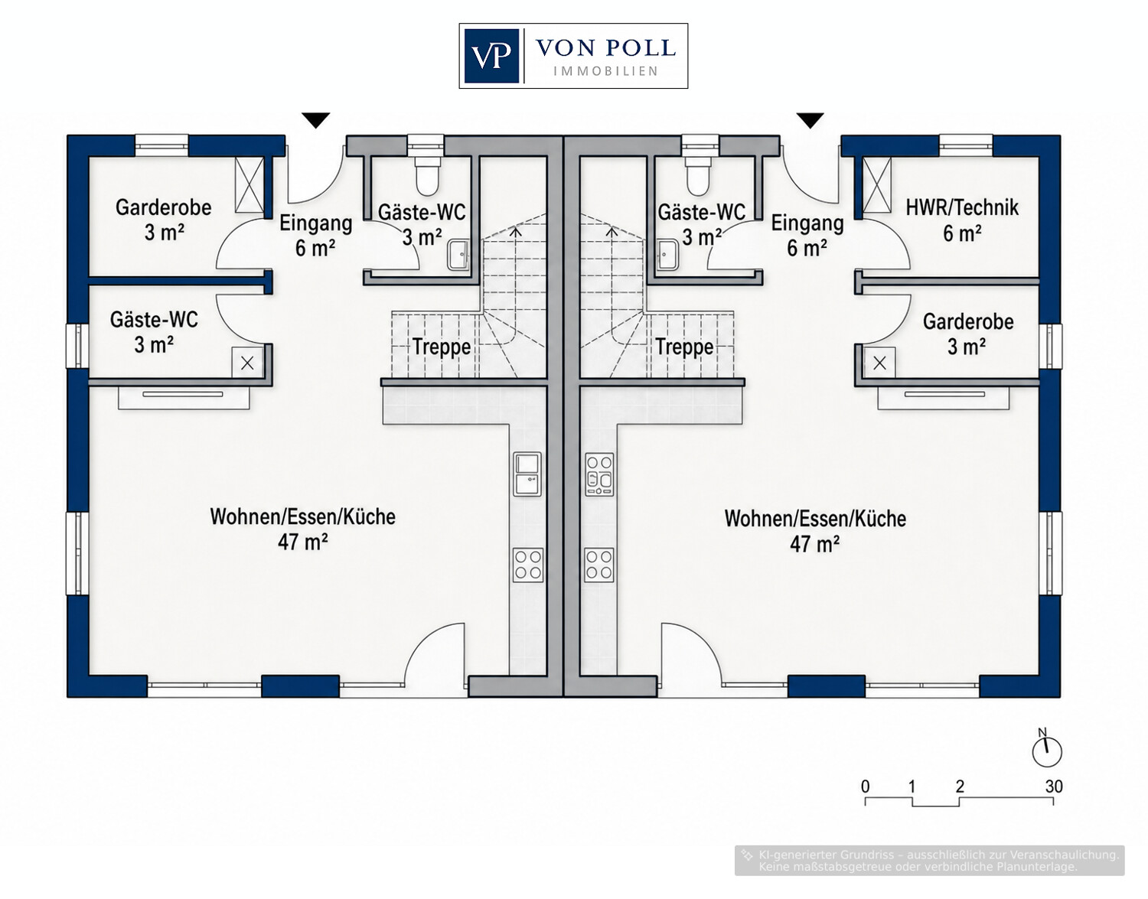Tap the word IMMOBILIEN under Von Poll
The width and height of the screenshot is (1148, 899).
(x=605, y=71)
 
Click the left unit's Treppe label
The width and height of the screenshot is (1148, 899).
(x=442, y=347)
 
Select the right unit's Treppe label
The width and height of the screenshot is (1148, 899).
(x=685, y=347)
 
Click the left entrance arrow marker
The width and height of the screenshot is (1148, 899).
(x=316, y=120)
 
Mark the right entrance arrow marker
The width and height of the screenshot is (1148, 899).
(x=810, y=120)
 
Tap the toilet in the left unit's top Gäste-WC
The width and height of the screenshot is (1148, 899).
(x=427, y=176)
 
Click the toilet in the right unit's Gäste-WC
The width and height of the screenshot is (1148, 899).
(x=699, y=176)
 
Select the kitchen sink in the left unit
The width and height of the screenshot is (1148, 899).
(x=528, y=474)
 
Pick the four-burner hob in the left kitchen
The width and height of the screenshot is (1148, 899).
(x=528, y=565)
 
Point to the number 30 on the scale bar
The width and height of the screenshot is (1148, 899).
(x=1054, y=787)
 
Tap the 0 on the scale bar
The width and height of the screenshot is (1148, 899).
(x=866, y=787)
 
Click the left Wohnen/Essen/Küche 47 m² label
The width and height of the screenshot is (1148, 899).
(x=303, y=529)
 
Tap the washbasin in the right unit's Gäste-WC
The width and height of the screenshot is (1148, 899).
(x=668, y=255)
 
